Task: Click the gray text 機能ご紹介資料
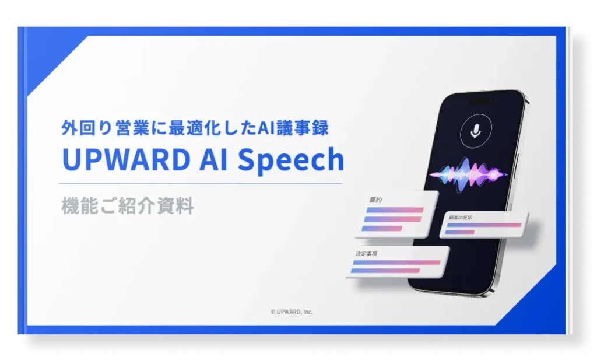tap(127, 207)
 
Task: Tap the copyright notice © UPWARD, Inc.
tap(292, 312)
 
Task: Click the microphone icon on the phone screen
tap(476, 132)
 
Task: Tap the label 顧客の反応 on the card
tap(460, 218)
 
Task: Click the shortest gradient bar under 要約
tap(382, 228)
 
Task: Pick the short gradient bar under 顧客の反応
tap(460, 232)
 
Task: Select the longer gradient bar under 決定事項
tap(396, 263)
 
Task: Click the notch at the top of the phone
tap(479, 100)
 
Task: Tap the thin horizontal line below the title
tap(202, 183)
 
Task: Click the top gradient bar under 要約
tap(393, 210)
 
